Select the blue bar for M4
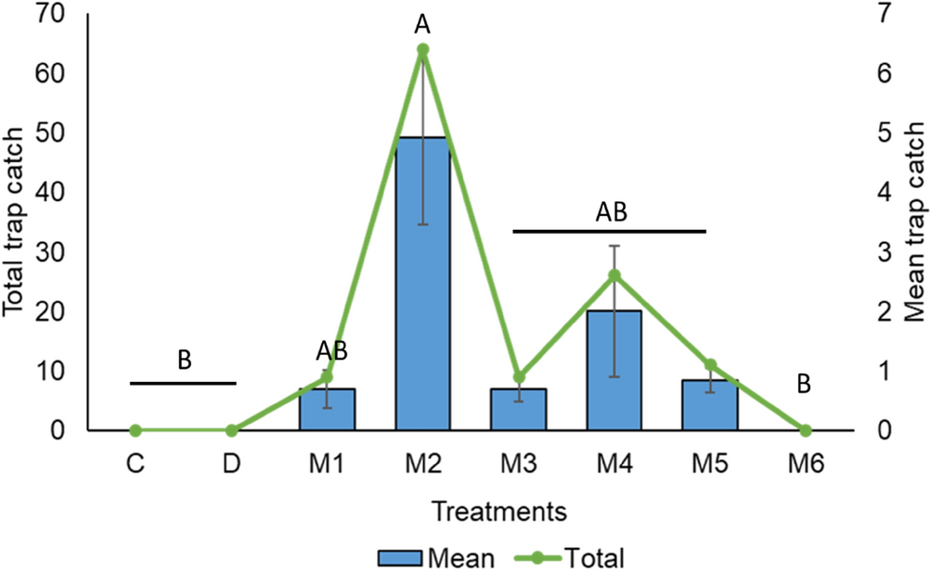click(614, 371)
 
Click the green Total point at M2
click(422, 50)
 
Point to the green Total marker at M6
click(805, 430)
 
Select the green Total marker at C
click(136, 430)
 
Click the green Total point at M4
click(614, 275)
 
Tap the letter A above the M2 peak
click(422, 19)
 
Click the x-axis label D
click(231, 463)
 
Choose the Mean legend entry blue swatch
click(399, 557)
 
